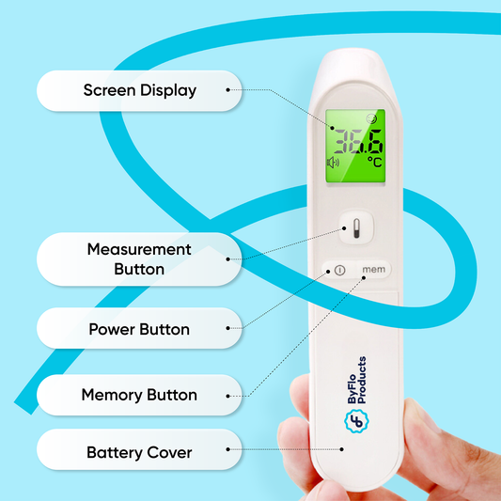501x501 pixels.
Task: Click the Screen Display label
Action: [x=140, y=90]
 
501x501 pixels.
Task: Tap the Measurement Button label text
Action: [x=139, y=259]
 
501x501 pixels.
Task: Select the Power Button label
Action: [x=139, y=329]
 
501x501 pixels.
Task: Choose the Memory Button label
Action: [x=139, y=395]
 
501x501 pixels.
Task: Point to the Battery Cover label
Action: [x=139, y=453]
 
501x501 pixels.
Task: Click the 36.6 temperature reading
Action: [x=358, y=142]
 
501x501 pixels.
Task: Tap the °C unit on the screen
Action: [x=374, y=162]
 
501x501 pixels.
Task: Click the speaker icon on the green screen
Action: [x=333, y=163]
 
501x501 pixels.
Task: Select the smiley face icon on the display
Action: [x=371, y=118]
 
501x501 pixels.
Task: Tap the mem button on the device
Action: [x=373, y=270]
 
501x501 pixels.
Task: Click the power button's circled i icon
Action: [x=339, y=271]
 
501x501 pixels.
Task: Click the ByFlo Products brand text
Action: [x=357, y=381]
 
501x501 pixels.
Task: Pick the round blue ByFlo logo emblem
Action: [x=356, y=421]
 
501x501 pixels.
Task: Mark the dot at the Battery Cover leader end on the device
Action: [x=341, y=449]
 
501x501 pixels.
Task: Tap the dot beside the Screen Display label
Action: [x=227, y=90]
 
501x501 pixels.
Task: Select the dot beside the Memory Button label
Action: [x=227, y=397]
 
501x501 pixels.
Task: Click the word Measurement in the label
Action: [x=139, y=249]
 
